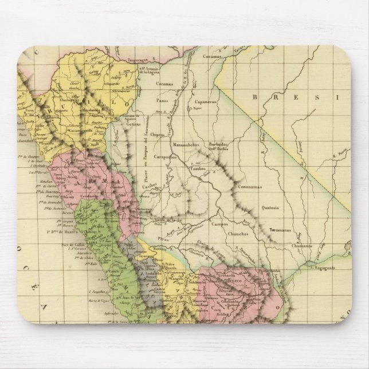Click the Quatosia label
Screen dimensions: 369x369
(270, 208)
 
